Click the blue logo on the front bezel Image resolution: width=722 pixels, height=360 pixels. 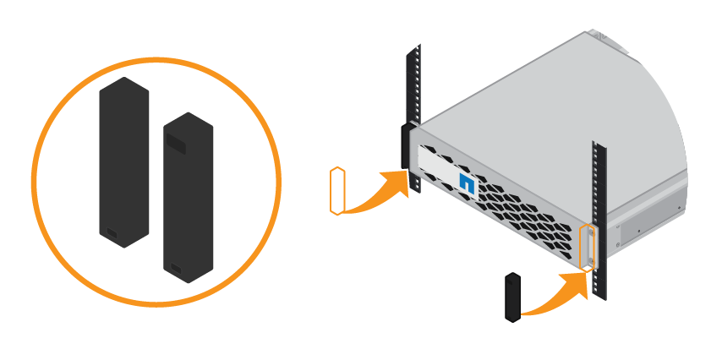coord(465,183)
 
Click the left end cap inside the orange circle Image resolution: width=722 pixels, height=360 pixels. coord(123,161)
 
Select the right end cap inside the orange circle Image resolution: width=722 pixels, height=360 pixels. coord(187,199)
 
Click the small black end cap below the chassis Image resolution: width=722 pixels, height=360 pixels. coord(511,297)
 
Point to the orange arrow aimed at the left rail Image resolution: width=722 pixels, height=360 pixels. coord(380,190)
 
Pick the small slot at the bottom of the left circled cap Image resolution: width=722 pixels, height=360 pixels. coord(112,233)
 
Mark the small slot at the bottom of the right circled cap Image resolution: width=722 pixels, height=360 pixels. coord(176,270)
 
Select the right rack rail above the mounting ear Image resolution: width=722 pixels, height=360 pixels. coord(599,182)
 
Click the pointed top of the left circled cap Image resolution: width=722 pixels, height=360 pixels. coord(123,82)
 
